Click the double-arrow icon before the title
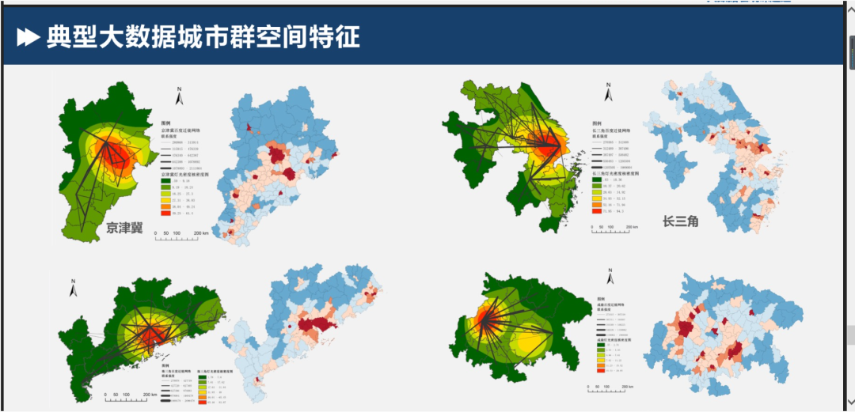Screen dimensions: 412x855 pyautogui.click(x=28, y=36)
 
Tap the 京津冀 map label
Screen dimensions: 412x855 pyautogui.click(x=130, y=229)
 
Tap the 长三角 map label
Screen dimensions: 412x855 pyautogui.click(x=681, y=221)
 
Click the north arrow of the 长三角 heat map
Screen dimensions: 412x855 pyautogui.click(x=608, y=94)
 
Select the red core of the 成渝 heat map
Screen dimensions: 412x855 pyautogui.click(x=478, y=320)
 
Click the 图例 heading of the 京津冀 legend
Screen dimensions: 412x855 pyautogui.click(x=165, y=124)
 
